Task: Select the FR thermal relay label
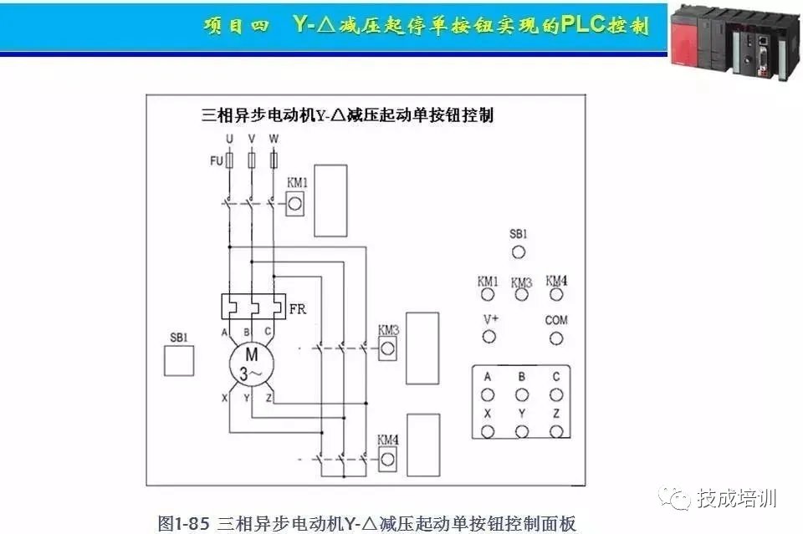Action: click(x=297, y=309)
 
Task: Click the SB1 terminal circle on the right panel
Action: click(x=519, y=252)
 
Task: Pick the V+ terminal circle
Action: click(x=489, y=337)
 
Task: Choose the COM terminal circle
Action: click(x=556, y=338)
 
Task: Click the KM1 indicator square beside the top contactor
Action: click(x=294, y=203)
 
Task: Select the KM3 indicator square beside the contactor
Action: click(x=387, y=350)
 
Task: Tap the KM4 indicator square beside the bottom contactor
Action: click(x=387, y=458)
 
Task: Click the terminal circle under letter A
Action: click(x=488, y=394)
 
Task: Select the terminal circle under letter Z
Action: click(x=556, y=431)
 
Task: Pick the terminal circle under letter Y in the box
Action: click(x=522, y=431)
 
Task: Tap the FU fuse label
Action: click(x=217, y=160)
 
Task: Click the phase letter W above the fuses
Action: click(x=274, y=138)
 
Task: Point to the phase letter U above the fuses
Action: click(x=229, y=138)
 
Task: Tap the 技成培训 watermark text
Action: click(x=736, y=499)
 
